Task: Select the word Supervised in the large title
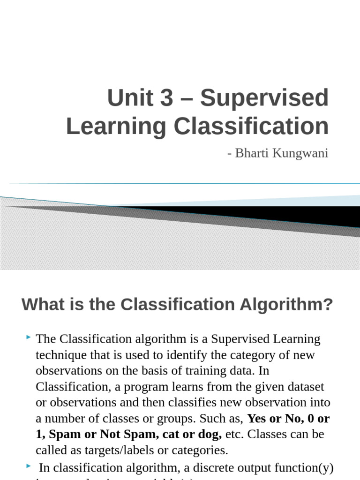(264, 98)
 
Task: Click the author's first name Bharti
(250, 153)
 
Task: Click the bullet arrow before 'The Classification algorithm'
(29, 337)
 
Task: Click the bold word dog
(209, 435)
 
